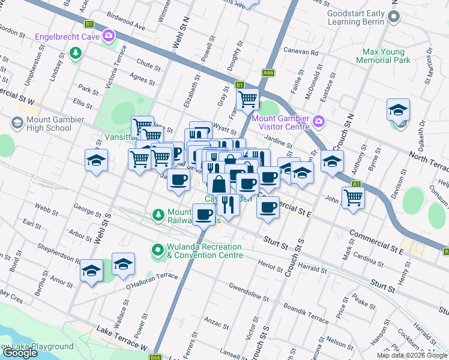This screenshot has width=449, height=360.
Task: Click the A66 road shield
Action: point(268,73)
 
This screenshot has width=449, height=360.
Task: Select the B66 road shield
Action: point(155,356)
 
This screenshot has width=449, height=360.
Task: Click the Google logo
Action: point(20,353)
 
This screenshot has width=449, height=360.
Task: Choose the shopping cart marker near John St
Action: point(354,196)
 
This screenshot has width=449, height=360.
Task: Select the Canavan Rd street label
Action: point(300,52)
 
